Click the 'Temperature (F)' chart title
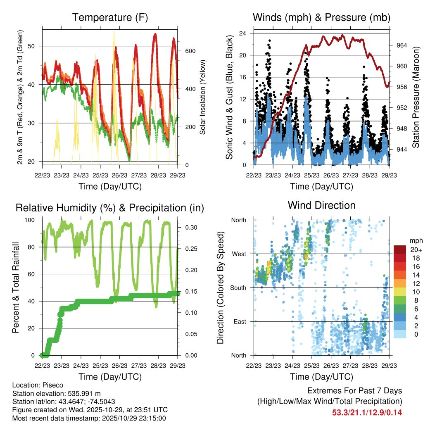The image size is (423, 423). click(x=110, y=17)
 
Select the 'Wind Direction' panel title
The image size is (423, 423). click(x=321, y=205)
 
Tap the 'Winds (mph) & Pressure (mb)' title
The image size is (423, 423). click(x=321, y=17)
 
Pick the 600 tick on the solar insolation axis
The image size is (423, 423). click(x=190, y=51)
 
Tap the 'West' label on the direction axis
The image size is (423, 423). click(x=238, y=254)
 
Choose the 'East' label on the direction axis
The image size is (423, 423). click(x=239, y=321)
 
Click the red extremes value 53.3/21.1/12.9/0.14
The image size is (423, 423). click(x=367, y=412)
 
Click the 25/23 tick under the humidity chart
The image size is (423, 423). click(x=100, y=365)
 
